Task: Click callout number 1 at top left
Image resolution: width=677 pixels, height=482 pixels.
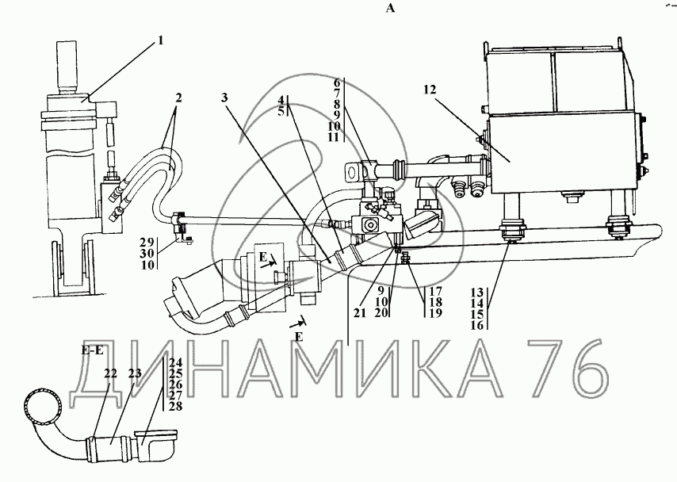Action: pyautogui.click(x=161, y=40)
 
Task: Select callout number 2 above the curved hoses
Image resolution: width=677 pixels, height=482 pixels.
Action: pyautogui.click(x=178, y=98)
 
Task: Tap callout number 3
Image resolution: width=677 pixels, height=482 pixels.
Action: pyautogui.click(x=224, y=98)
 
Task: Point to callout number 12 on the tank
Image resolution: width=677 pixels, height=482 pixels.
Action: pyautogui.click(x=430, y=90)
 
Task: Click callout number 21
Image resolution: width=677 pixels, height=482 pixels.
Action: pyautogui.click(x=360, y=313)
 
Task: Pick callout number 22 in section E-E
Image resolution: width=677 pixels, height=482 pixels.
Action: pyautogui.click(x=110, y=373)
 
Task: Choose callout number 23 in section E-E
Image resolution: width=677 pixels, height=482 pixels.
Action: pyautogui.click(x=135, y=373)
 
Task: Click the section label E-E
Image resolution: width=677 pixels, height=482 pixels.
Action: pyautogui.click(x=92, y=350)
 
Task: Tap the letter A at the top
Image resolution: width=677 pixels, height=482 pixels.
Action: pyautogui.click(x=390, y=8)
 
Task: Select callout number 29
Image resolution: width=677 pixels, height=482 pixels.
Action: pyautogui.click(x=147, y=243)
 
